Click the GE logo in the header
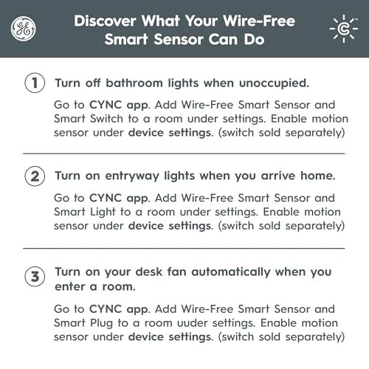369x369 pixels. (x=22, y=29)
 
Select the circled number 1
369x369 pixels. (x=33, y=82)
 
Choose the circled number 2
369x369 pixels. (x=33, y=176)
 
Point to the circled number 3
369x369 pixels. (x=33, y=278)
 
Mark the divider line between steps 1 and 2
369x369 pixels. (x=184, y=153)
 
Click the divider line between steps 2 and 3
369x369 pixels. (x=184, y=248)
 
